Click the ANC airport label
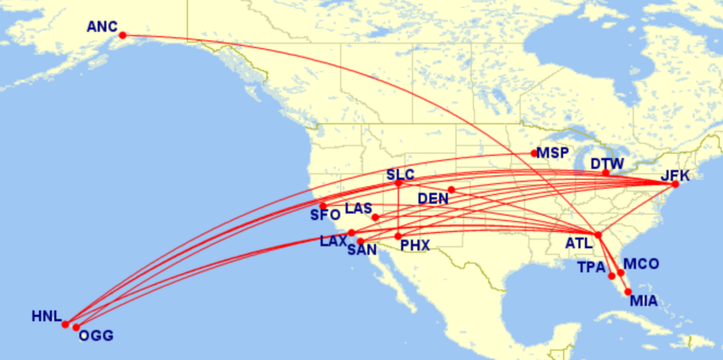102,27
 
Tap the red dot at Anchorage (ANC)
123,35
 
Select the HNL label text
46,316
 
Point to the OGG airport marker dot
76,327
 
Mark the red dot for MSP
534,153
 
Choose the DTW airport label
607,163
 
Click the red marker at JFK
675,185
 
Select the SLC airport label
399,174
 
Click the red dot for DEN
451,190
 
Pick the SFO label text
325,215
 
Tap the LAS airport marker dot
375,217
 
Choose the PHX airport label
415,244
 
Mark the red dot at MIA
627,292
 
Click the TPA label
591,266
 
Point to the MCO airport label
641,264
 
